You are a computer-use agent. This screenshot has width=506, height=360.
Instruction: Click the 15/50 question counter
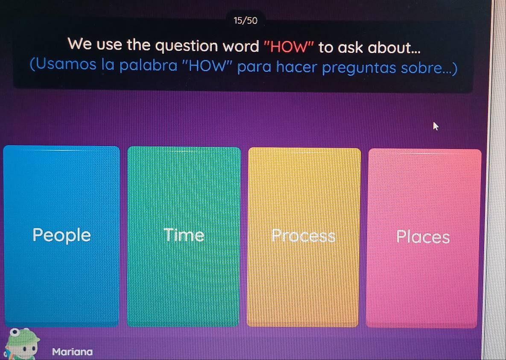pos(246,20)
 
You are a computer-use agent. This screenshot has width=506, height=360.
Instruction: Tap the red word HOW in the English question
pos(288,47)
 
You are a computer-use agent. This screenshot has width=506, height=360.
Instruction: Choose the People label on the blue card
pos(62,235)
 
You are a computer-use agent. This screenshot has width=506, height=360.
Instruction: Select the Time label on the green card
pos(184,235)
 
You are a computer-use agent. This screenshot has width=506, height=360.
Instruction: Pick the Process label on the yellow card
pos(304,236)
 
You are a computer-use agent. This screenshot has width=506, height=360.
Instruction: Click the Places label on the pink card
pos(423,237)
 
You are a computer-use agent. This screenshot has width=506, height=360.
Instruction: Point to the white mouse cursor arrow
pos(436,126)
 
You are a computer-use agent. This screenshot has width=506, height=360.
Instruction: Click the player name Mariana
pos(72,352)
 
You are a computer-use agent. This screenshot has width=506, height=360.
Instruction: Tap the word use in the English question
pos(110,46)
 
